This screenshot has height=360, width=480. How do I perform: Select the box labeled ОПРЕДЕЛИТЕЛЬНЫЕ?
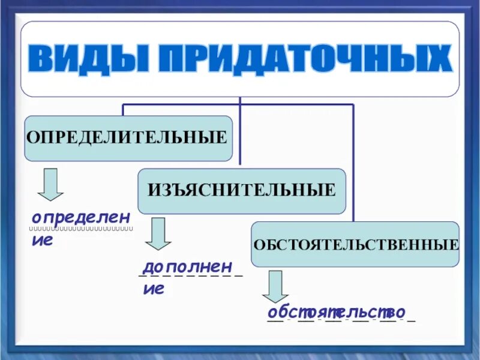tap(128, 138)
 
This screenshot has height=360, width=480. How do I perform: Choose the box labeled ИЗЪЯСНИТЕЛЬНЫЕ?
tap(241, 191)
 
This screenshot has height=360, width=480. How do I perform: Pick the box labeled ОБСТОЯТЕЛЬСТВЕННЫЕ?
tap(355, 244)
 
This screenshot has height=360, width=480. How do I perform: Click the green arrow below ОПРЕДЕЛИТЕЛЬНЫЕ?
tap(51, 184)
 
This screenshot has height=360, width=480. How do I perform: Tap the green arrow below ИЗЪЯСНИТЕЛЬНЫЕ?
tap(158, 233)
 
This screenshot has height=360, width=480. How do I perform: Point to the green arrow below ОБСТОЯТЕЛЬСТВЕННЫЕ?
tap(275, 286)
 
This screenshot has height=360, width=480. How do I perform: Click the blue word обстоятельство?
tap(336, 312)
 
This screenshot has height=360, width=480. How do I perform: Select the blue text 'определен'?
tap(81, 217)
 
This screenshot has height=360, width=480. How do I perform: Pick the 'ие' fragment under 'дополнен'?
tap(154, 289)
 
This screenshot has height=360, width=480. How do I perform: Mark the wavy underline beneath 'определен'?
tap(82, 229)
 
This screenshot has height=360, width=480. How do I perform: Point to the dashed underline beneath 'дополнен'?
tap(190, 275)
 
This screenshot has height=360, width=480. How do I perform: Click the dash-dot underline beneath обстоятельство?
tap(341, 321)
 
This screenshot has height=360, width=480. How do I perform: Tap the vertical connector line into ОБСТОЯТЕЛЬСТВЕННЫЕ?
tap(353, 162)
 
